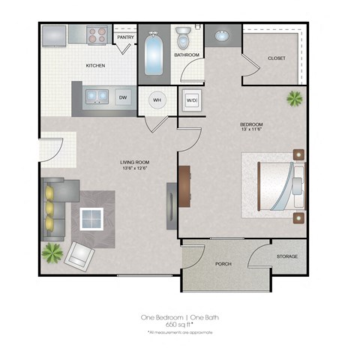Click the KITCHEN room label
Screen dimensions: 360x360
(95, 66)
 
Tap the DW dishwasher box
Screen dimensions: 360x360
(123, 96)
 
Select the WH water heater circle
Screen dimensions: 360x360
(157, 99)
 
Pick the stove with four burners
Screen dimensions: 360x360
(96, 34)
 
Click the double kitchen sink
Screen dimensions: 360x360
(95, 96)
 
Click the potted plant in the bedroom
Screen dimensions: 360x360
(294, 98)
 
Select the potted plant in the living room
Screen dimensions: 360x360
(52, 252)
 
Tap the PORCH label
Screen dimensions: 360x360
(223, 264)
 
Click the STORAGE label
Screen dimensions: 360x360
(287, 256)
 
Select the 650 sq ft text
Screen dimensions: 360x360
(180, 324)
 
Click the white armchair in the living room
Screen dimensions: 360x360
(79, 256)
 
